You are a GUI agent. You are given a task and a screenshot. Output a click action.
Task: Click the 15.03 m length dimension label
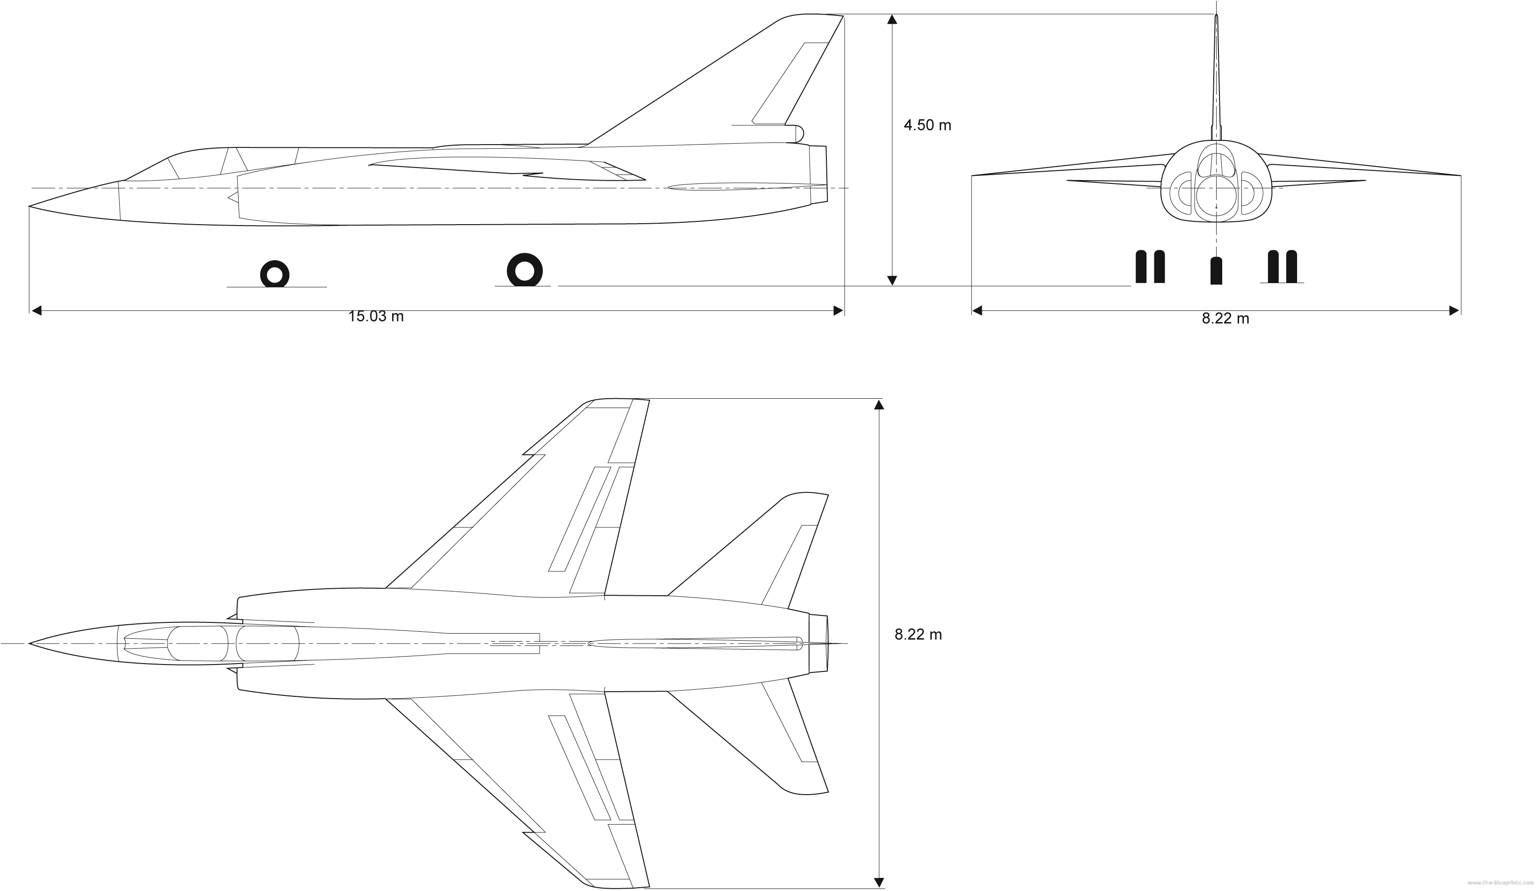[x=376, y=316]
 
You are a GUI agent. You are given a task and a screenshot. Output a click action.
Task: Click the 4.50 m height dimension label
[x=927, y=125]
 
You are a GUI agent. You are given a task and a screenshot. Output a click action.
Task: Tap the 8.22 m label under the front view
[x=1225, y=319]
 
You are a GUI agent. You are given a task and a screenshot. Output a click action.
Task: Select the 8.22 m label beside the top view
[x=918, y=635]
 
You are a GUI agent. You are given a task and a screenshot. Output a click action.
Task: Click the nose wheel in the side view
[x=275, y=274]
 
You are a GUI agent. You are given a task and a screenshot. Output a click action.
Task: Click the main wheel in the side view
[x=525, y=270]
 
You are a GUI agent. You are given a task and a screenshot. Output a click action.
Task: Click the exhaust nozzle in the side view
[x=818, y=174]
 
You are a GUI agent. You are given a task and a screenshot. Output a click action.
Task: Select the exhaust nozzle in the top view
[x=818, y=643]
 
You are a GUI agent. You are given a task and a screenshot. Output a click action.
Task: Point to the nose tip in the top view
[x=30, y=643]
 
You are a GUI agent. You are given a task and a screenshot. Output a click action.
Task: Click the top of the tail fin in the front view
[x=1216, y=17]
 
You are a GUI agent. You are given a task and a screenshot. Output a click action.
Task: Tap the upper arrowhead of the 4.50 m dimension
[x=892, y=20]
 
